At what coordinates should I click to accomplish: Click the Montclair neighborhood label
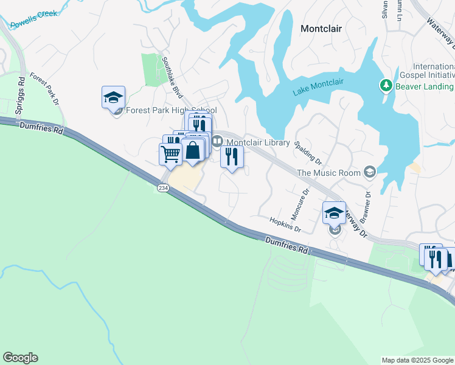point(321,29)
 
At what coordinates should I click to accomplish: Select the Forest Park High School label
point(170,111)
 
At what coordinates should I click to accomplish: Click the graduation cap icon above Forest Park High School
point(113,97)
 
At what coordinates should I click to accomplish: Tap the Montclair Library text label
point(258,142)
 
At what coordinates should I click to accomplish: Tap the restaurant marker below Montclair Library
point(232,157)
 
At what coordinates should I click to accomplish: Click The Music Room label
point(328,173)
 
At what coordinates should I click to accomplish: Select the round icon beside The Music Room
point(369,173)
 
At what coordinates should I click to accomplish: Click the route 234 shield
point(163,188)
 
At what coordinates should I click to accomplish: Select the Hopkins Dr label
point(285,224)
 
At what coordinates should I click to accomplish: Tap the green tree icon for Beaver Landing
point(385,86)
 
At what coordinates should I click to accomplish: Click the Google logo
point(20,358)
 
